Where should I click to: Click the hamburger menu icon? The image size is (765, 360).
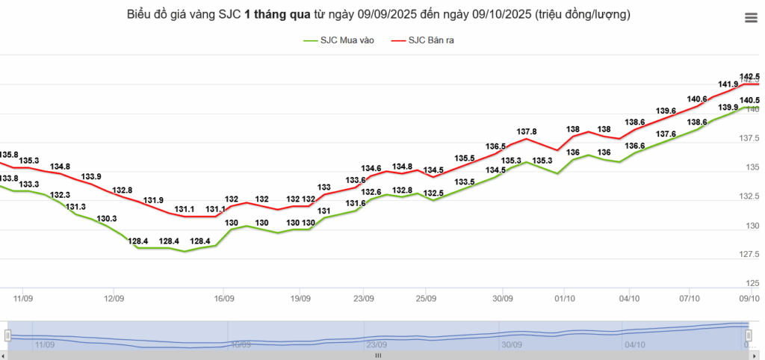click(750, 19)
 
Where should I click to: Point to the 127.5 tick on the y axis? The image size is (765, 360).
click(749, 254)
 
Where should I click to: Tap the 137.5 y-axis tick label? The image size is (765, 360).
click(749, 138)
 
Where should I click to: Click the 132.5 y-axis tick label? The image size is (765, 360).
click(749, 196)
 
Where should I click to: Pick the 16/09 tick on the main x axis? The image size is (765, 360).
click(225, 298)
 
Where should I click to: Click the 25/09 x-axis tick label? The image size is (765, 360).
click(425, 298)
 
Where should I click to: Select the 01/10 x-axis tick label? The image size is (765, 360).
click(564, 298)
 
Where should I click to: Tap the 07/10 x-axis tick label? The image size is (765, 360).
click(690, 298)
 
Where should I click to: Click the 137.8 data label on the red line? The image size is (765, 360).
click(527, 131)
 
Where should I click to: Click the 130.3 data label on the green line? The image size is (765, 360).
click(107, 219)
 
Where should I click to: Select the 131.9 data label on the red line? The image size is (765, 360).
click(154, 200)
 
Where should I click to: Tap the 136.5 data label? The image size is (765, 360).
click(496, 146)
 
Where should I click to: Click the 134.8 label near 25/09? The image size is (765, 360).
click(402, 167)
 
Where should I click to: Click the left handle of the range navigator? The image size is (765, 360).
click(7, 335)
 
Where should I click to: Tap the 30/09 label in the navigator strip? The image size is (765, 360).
click(512, 345)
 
